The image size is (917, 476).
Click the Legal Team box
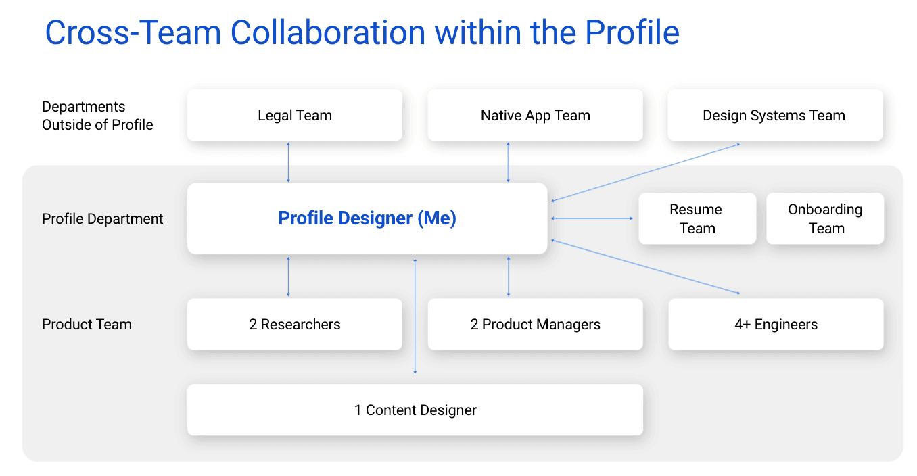pos(295,116)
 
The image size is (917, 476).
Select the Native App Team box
pos(535,116)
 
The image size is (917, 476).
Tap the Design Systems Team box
pos(774,116)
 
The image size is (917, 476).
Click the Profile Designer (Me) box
pos(367,218)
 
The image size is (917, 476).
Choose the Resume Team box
pos(697,218)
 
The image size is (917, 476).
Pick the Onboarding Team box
pos(825,218)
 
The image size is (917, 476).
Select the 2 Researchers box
pos(295,325)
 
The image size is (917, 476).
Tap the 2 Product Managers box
pos(535,325)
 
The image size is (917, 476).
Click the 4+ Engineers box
pos(776,325)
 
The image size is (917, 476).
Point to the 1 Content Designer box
pos(415,410)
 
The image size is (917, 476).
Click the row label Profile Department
pos(103,219)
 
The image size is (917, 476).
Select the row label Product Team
pos(87,325)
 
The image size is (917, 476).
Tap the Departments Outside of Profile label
pos(97,116)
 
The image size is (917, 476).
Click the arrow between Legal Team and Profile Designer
pos(289,162)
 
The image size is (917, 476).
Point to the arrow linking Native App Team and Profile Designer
pos(509,162)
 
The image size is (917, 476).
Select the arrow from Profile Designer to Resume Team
pos(592,218)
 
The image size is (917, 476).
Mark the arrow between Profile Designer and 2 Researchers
pos(289,277)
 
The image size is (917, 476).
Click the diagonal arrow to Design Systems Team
pos(645,172)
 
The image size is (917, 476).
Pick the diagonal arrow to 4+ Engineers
pos(645,266)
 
